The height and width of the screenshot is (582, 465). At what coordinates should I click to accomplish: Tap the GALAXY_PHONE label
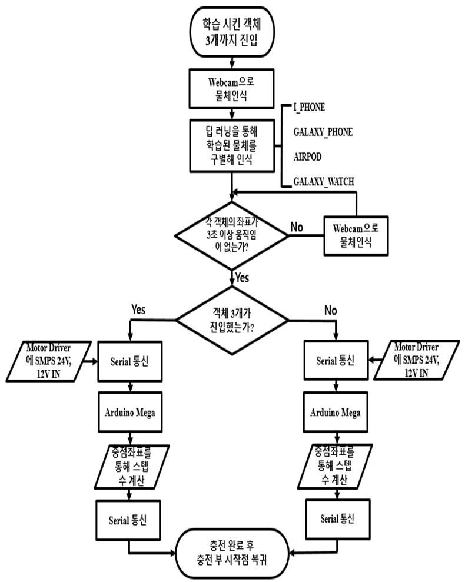323,132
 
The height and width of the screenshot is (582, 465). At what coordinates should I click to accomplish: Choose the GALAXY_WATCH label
324,182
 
